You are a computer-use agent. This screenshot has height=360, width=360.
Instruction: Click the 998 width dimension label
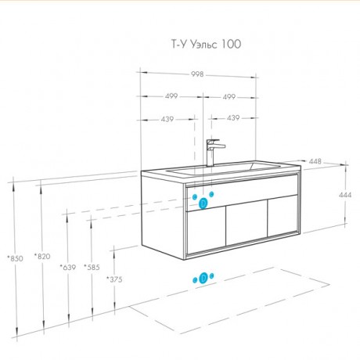[x=197, y=74]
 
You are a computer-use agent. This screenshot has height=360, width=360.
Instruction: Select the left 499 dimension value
[x=171, y=96]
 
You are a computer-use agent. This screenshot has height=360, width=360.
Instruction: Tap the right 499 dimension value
[x=229, y=97]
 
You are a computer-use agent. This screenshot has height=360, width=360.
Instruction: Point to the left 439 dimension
[x=167, y=119]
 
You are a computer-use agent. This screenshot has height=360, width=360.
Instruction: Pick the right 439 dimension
[x=233, y=118]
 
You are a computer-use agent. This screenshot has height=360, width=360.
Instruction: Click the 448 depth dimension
[x=315, y=161]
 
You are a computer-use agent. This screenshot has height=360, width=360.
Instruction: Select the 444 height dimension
[x=345, y=195]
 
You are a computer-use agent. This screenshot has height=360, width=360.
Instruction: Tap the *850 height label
[x=15, y=258]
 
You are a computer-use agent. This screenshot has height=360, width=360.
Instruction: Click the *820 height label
[x=42, y=257]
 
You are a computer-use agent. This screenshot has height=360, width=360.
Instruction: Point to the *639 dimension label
[x=68, y=267]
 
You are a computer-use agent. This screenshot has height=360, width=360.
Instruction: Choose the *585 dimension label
[x=92, y=267]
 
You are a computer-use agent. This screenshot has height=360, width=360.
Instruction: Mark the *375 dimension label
[x=114, y=279]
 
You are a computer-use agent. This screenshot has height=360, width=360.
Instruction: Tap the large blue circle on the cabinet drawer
[x=203, y=203]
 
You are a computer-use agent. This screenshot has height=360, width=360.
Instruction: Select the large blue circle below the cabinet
[x=203, y=278]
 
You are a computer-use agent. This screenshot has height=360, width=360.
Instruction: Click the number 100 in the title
[x=231, y=44]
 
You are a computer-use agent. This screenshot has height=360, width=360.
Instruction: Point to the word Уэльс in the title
[x=203, y=44]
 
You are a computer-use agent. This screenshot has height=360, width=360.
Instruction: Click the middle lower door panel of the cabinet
[x=247, y=223]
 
